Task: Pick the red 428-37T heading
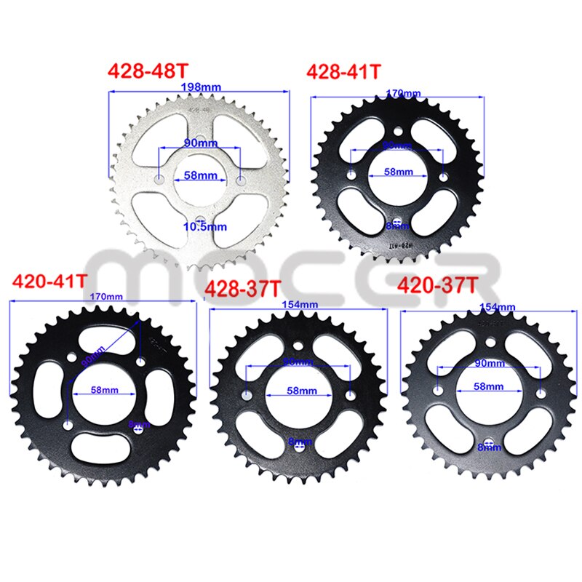(242, 289)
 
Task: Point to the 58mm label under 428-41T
(398, 172)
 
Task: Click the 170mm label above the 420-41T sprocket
(102, 297)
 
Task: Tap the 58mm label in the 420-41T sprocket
(105, 390)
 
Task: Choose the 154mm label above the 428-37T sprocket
(298, 304)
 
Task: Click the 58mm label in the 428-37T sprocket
(300, 391)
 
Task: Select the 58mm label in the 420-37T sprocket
(487, 386)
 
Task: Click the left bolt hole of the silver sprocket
(159, 176)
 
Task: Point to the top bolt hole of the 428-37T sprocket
(299, 347)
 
